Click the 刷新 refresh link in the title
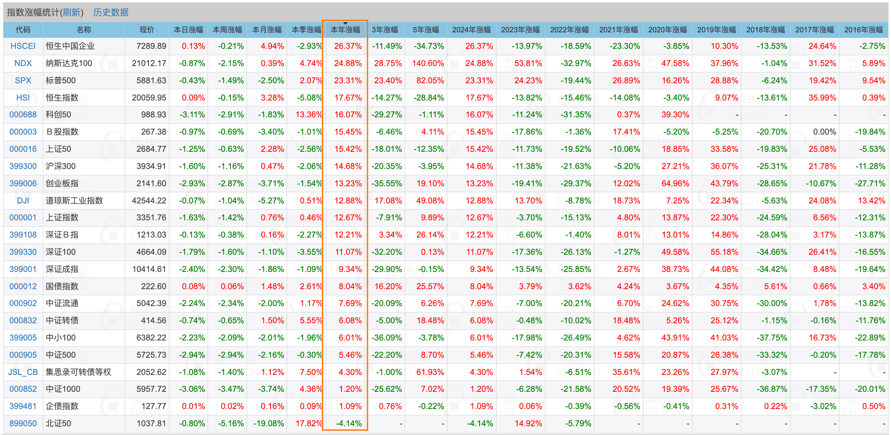tap(72, 12)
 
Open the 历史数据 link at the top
tap(111, 12)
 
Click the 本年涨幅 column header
tap(345, 30)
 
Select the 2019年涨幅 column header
tap(716, 30)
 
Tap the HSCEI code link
tap(23, 46)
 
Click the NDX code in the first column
tap(23, 63)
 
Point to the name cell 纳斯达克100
tap(69, 63)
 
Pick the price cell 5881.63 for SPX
tap(151, 80)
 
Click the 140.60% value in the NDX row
tap(428, 63)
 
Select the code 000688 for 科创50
tap(23, 115)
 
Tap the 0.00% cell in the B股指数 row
tap(824, 132)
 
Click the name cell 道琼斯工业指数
tap(74, 201)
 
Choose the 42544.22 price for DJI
tap(149, 201)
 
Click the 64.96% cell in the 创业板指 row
tap(675, 183)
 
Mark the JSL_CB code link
tap(23, 372)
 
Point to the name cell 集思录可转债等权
tap(78, 372)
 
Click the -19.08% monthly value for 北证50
tap(268, 423)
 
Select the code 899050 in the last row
tap(23, 423)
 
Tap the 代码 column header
tap(23, 30)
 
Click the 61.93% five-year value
tap(430, 372)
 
